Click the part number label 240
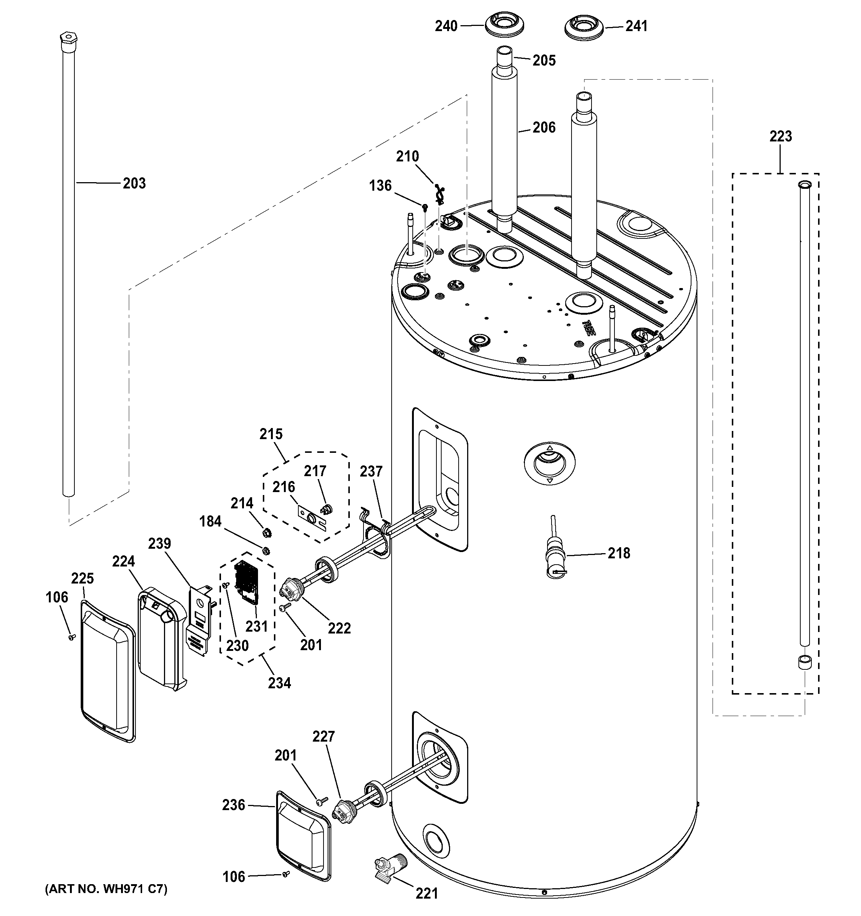click(x=446, y=27)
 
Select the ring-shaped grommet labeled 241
click(x=583, y=27)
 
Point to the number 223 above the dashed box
click(x=780, y=136)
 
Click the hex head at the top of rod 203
click(x=68, y=38)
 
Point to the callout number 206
click(x=544, y=128)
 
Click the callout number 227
click(x=324, y=736)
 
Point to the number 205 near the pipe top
click(x=544, y=61)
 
